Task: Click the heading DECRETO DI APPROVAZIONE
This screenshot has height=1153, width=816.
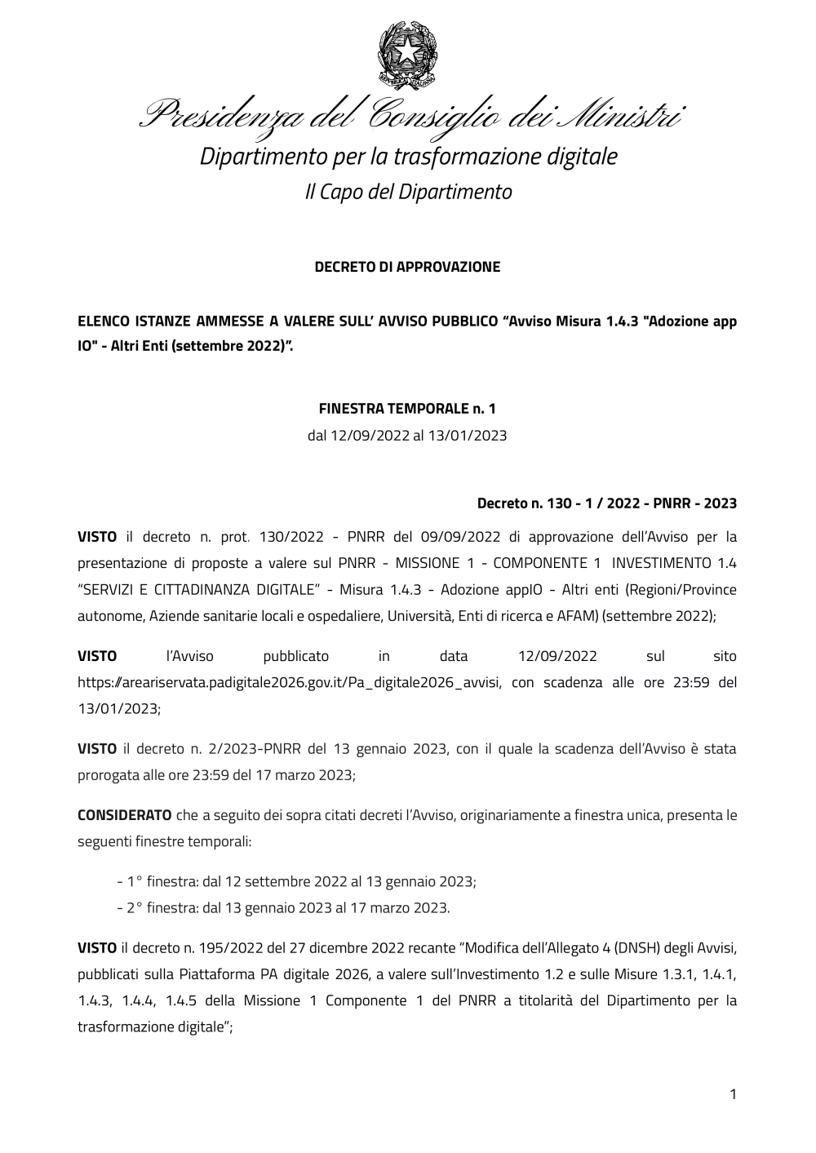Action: pyautogui.click(x=407, y=267)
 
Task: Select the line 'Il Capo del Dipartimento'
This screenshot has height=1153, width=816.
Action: pyautogui.click(x=408, y=192)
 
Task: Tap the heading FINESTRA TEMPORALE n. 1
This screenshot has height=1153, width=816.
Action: pyautogui.click(x=407, y=408)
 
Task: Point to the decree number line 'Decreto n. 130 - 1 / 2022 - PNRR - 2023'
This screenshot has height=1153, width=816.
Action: pyautogui.click(x=606, y=503)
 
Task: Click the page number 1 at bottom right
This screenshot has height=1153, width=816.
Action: pyautogui.click(x=732, y=1094)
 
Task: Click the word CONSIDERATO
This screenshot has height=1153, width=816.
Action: pyautogui.click(x=124, y=815)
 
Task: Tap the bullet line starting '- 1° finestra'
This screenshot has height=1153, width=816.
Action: pyautogui.click(x=297, y=881)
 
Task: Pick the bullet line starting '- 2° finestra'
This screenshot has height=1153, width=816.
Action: pyautogui.click(x=283, y=907)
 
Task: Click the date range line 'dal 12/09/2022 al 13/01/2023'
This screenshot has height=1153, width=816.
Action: pyautogui.click(x=407, y=435)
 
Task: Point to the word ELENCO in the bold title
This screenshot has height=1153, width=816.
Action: pyautogui.click(x=104, y=321)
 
